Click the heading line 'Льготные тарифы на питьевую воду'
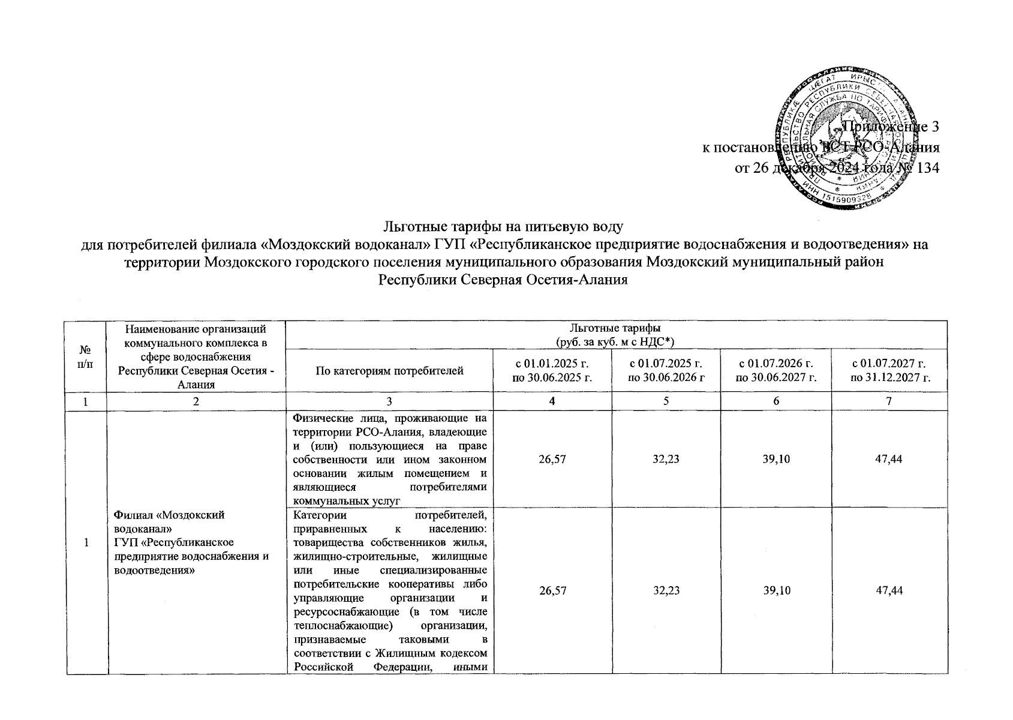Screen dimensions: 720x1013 pyautogui.click(x=504, y=227)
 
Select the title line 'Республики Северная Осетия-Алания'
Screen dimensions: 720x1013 pyautogui.click(x=504, y=280)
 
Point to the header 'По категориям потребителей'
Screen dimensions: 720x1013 pyautogui.click(x=390, y=371)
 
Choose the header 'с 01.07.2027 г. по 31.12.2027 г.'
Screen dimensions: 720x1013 pyautogui.click(x=889, y=370)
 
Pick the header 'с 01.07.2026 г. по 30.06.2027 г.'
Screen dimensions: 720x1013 pyautogui.click(x=776, y=370)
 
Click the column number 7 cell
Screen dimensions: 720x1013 pyautogui.click(x=889, y=401)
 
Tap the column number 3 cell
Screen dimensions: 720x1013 pyautogui.click(x=390, y=401)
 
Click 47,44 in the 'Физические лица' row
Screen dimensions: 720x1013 pyautogui.click(x=889, y=460)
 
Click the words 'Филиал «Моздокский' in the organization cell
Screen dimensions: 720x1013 pyautogui.click(x=169, y=515)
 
